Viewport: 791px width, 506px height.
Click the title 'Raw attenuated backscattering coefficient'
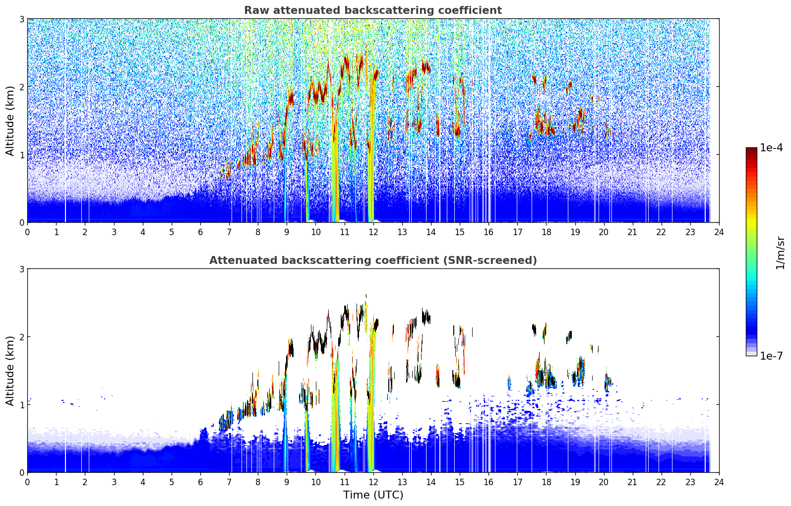373,10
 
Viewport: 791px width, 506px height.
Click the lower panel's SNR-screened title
373,260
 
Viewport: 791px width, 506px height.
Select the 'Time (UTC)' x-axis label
373,495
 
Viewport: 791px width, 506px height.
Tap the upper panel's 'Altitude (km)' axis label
10,121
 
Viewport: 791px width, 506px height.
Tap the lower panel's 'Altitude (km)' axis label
10,371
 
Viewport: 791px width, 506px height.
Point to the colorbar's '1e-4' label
771,148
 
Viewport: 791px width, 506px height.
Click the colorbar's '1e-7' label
771,356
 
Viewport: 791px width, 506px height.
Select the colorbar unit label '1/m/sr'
780,253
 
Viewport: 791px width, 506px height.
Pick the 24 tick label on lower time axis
719,482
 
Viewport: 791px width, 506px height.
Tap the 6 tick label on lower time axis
200,482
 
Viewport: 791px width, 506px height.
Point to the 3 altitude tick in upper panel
21,19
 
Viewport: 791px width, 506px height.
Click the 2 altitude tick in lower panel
21,337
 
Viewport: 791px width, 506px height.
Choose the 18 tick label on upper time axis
547,232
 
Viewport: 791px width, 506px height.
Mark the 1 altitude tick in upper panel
21,155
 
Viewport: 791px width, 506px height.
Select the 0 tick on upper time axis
28,232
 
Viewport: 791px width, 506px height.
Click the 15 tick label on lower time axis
460,482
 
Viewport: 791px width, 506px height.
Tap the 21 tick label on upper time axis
632,232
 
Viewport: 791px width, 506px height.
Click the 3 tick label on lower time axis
114,482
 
